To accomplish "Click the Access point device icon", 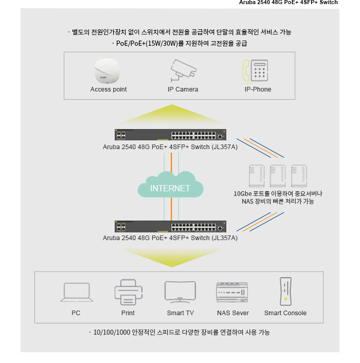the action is [x=107, y=71].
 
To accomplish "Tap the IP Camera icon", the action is [x=184, y=70].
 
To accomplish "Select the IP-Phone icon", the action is [x=255, y=71].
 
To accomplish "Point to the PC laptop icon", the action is [x=77, y=292].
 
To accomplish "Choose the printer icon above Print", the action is [x=129, y=292].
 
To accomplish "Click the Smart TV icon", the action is [x=181, y=292].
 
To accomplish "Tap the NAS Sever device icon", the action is [x=232, y=293].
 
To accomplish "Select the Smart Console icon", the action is [x=285, y=292].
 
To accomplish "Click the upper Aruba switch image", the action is [x=170, y=135].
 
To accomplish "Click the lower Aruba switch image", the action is [x=170, y=226].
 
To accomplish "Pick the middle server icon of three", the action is [x=278, y=176].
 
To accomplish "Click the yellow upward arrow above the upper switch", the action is [x=172, y=114].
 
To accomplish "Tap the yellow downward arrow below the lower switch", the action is [x=172, y=258].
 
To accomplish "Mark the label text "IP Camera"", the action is [x=183, y=89].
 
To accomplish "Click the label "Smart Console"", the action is [x=285, y=313].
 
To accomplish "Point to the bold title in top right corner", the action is [x=288, y=3].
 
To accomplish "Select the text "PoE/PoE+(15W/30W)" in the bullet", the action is [x=147, y=43].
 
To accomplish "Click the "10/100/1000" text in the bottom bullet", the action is [x=112, y=333].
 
